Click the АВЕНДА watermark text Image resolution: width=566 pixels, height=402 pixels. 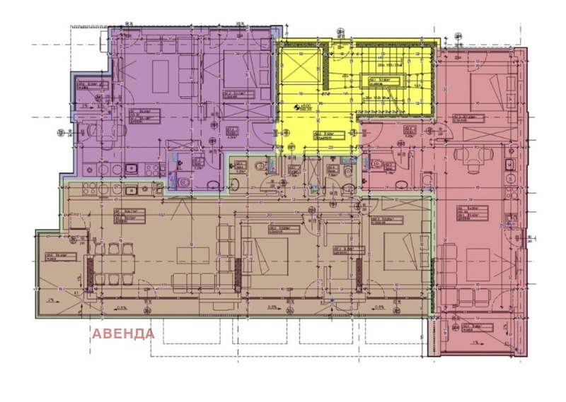click(122, 333)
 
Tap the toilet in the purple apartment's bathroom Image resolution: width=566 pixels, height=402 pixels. click(183, 182)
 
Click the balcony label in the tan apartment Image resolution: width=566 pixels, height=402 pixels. click(55, 256)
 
